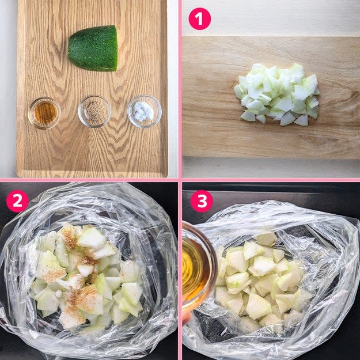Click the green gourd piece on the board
(93, 48)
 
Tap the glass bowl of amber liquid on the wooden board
(44, 113)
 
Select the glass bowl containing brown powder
(94, 111)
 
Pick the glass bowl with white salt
(145, 112)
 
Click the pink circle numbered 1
(199, 18)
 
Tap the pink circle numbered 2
(18, 201)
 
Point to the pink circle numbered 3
(202, 201)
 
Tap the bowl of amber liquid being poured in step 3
(199, 266)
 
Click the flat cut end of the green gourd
(116, 48)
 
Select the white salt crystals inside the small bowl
(144, 111)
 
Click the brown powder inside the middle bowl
(95, 111)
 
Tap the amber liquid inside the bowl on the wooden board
(46, 113)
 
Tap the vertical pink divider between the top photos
(180, 89)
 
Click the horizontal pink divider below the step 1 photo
(271, 180)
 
